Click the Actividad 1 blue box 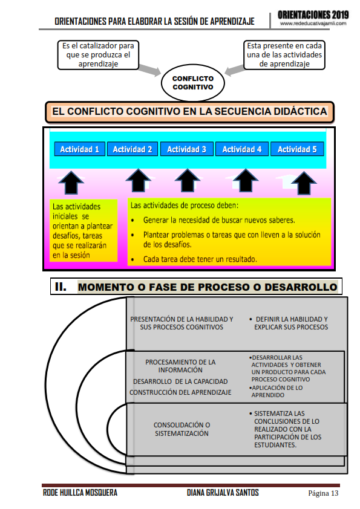point(79,149)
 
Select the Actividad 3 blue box point(186,149)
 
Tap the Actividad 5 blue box point(297,149)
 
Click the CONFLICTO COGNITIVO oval point(192,83)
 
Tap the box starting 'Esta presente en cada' point(284,55)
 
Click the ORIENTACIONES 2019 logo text point(313,13)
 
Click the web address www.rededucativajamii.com point(313,23)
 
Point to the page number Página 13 point(323,493)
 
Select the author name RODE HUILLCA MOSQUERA point(80,493)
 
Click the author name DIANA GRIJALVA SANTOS point(223,493)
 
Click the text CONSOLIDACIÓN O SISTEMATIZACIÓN point(182,429)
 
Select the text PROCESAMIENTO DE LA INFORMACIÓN point(180,366)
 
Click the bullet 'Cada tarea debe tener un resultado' point(200,259)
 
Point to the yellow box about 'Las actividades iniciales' point(84,230)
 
